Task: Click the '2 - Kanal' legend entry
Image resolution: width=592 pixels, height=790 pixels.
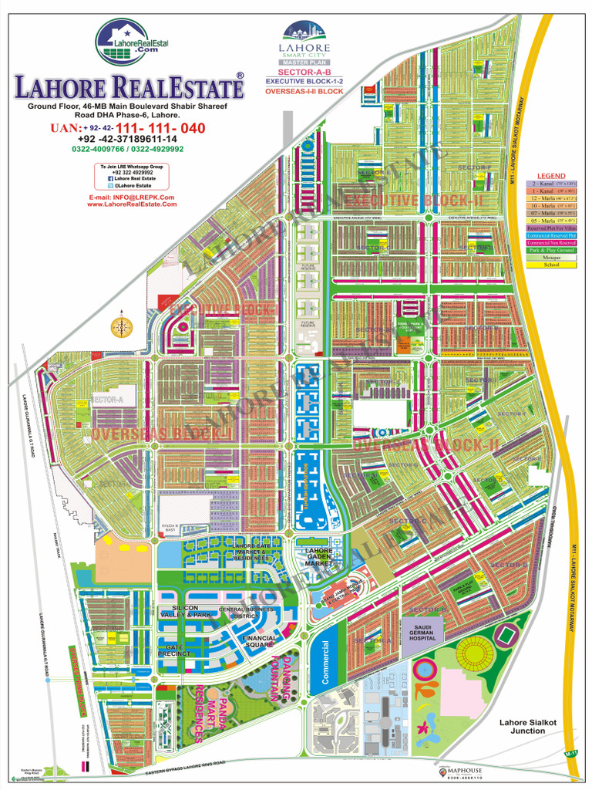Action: click(551, 184)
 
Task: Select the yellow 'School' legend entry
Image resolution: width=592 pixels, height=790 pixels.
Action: click(551, 265)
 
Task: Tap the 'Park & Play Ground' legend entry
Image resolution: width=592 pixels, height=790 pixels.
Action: click(551, 250)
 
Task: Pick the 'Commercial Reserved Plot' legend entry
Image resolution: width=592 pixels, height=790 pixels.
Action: click(551, 235)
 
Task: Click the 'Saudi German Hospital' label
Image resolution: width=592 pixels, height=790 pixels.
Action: click(422, 633)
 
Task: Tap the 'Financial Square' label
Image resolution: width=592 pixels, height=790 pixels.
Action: click(259, 642)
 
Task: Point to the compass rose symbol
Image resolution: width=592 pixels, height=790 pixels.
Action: click(122, 326)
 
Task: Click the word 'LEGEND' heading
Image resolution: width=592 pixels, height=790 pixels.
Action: click(551, 175)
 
